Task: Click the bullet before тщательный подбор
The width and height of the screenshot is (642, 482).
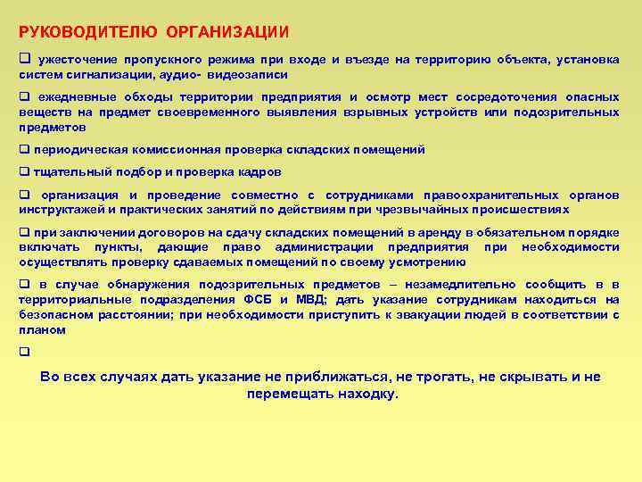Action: pyautogui.click(x=24, y=171)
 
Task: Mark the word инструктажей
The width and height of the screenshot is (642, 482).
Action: pyautogui.click(x=59, y=209)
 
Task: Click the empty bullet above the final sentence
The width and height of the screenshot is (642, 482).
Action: pyautogui.click(x=24, y=353)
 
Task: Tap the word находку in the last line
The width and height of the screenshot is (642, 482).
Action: pyautogui.click(x=367, y=394)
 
